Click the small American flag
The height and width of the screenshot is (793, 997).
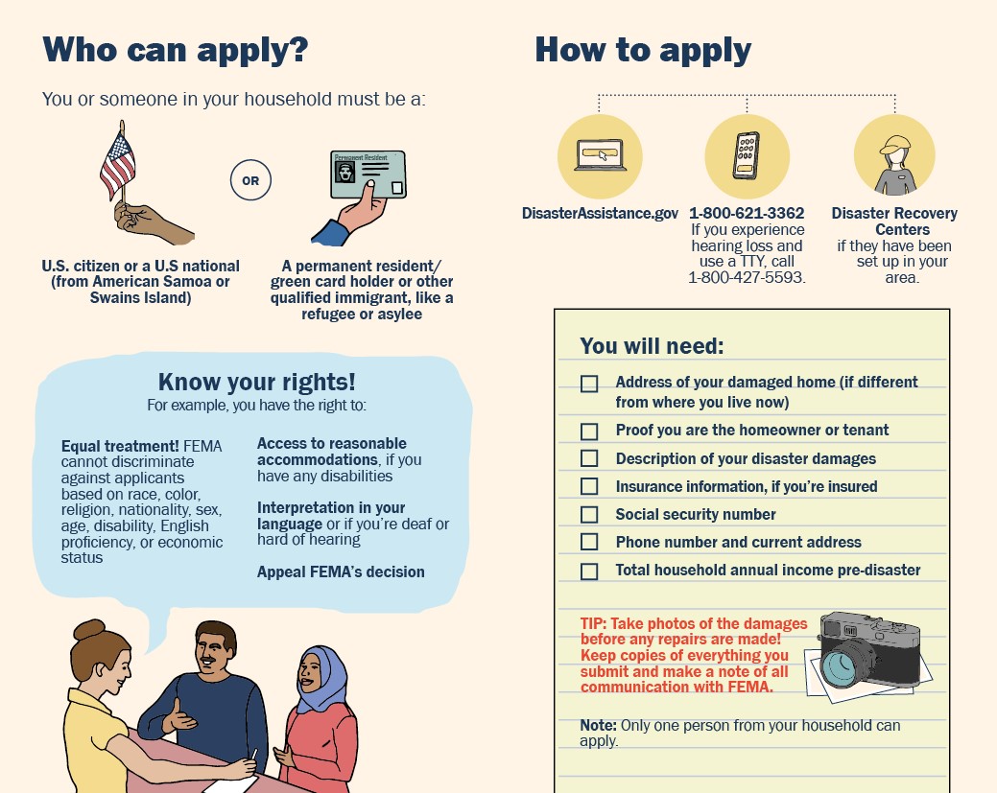[118, 165]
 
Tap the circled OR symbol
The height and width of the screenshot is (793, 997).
[250, 180]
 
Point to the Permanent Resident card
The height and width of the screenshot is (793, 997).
[368, 174]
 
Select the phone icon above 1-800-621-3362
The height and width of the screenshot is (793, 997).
[747, 156]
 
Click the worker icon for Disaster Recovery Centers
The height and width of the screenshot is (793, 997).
[894, 158]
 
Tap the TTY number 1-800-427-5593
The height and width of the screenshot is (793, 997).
[747, 278]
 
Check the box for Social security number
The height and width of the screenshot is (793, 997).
[589, 515]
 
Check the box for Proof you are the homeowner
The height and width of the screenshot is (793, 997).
[589, 431]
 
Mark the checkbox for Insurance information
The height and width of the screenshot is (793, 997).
[589, 487]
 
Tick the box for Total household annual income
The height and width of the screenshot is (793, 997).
[589, 571]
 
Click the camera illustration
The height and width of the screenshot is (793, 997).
[868, 652]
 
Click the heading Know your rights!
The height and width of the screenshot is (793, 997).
[256, 382]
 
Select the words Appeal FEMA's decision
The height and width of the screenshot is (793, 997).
[341, 571]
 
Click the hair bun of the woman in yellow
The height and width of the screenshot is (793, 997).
[90, 630]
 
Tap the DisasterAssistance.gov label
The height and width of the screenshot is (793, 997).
[600, 213]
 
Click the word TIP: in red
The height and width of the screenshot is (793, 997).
[594, 623]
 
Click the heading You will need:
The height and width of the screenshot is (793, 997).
[652, 345]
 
